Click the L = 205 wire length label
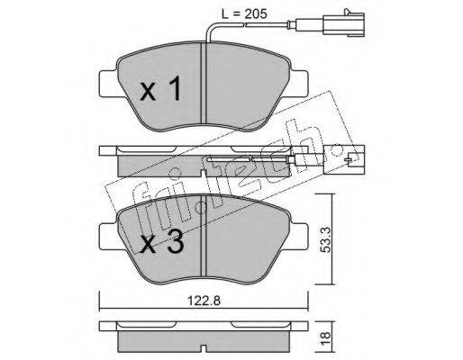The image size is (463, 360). [x=244, y=14]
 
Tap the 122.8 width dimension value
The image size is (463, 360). [x=204, y=301]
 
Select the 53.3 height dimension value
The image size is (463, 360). [x=325, y=239]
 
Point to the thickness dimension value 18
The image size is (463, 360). [x=325, y=338]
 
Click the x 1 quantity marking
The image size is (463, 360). [x=161, y=88]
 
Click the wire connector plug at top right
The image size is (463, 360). [x=345, y=23]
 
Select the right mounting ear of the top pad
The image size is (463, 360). [x=299, y=84]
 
